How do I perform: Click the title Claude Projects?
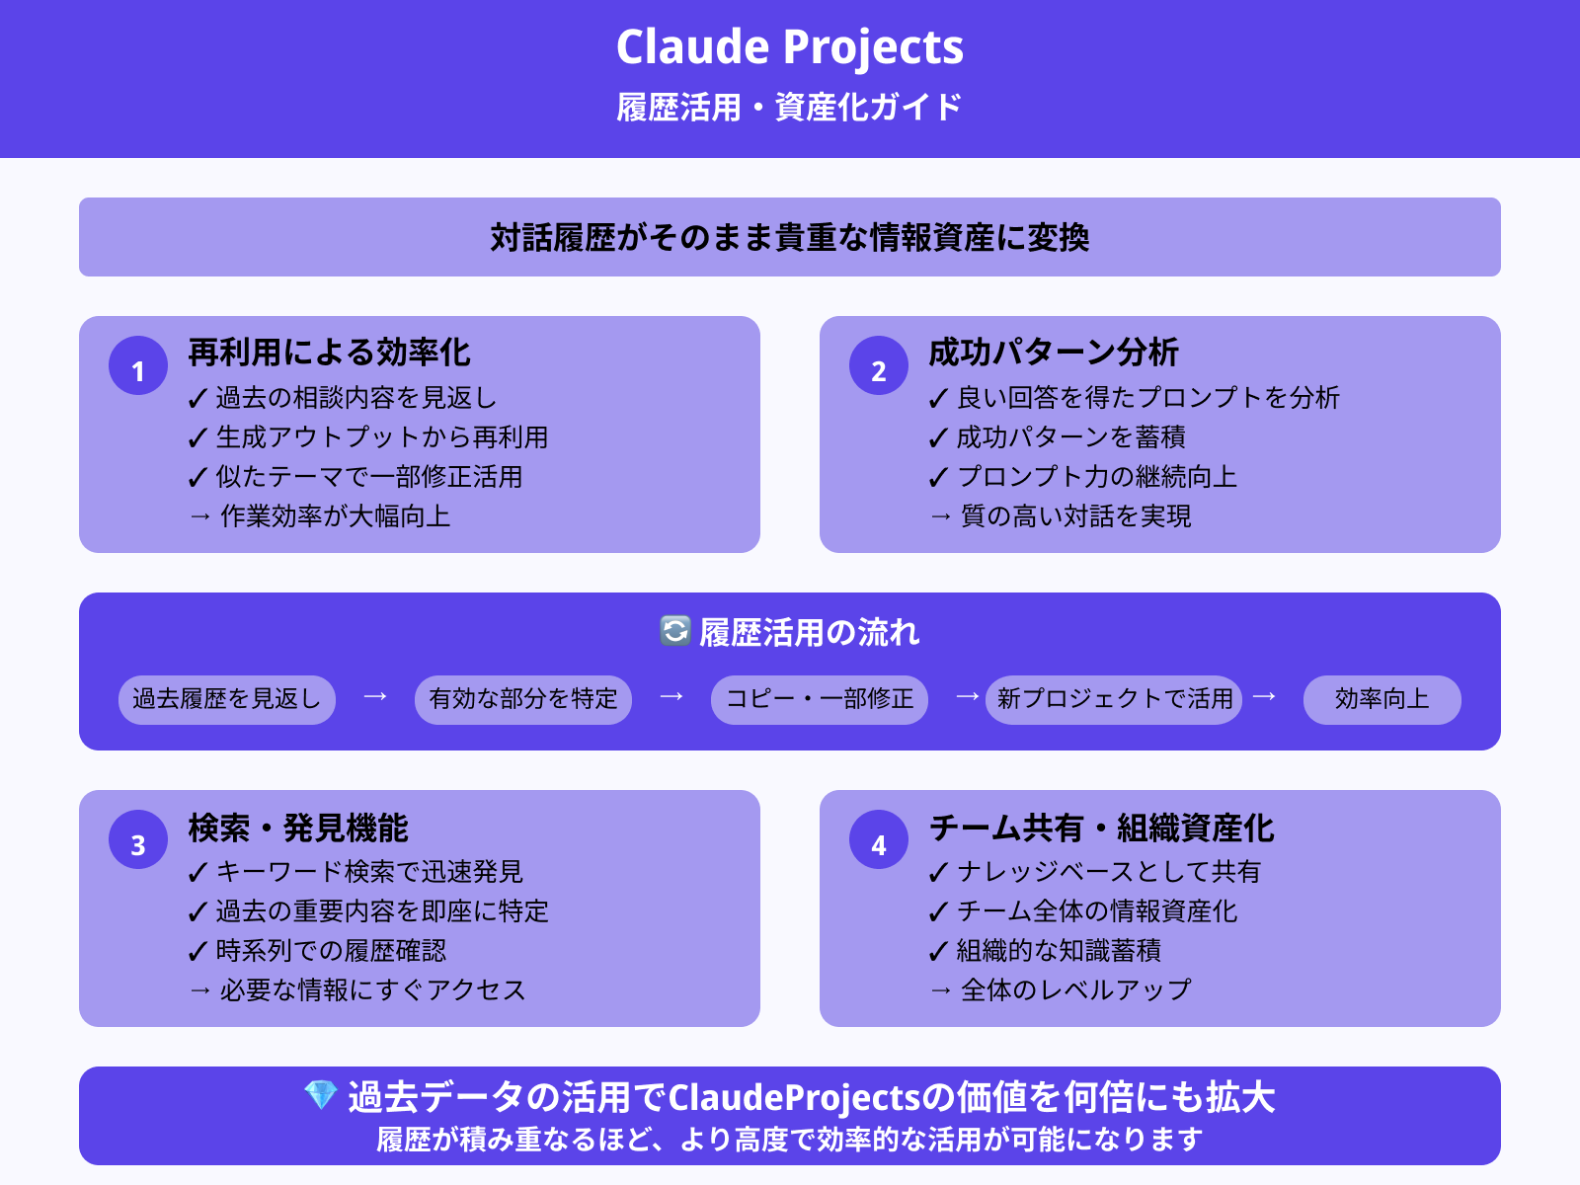click(x=790, y=46)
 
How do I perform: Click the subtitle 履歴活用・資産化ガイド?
click(x=790, y=107)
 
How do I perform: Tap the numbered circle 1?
click(x=138, y=366)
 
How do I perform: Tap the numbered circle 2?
click(x=879, y=366)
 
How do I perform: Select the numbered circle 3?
click(x=138, y=840)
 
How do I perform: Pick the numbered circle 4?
click(x=879, y=840)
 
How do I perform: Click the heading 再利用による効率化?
click(x=329, y=353)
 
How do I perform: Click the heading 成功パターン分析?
click(x=1053, y=353)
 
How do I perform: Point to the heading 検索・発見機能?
click(x=297, y=828)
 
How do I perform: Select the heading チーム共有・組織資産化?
click(x=1101, y=828)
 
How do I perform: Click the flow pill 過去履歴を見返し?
click(x=227, y=699)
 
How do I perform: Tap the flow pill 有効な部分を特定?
click(x=523, y=699)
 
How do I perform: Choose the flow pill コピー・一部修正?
click(x=820, y=699)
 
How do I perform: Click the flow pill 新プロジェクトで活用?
click(x=1114, y=699)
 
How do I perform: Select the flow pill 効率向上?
click(x=1382, y=699)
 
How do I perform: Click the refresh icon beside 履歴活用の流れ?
click(x=675, y=631)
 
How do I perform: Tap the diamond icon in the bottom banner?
click(x=321, y=1095)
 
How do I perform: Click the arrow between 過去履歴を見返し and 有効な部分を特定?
click(x=375, y=697)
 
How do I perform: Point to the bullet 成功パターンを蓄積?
click(x=1070, y=437)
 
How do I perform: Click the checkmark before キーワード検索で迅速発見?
click(x=197, y=873)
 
